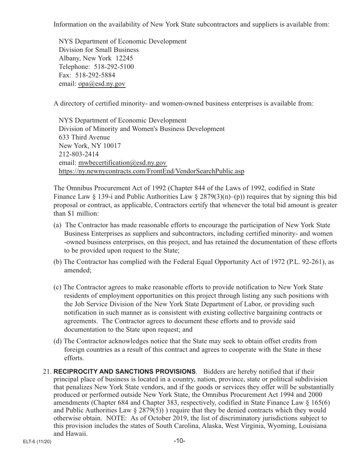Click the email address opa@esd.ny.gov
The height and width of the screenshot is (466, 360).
(x=102, y=84)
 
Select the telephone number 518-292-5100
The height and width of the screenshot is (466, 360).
(x=114, y=67)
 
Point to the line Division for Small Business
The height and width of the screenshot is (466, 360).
(x=99, y=50)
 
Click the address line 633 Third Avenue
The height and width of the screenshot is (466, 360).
(x=84, y=137)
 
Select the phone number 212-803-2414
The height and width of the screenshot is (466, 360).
(x=79, y=154)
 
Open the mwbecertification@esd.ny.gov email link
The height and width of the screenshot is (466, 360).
(x=122, y=163)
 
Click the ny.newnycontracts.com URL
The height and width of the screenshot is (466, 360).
(x=151, y=171)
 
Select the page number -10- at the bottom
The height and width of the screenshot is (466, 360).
(x=180, y=441)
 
